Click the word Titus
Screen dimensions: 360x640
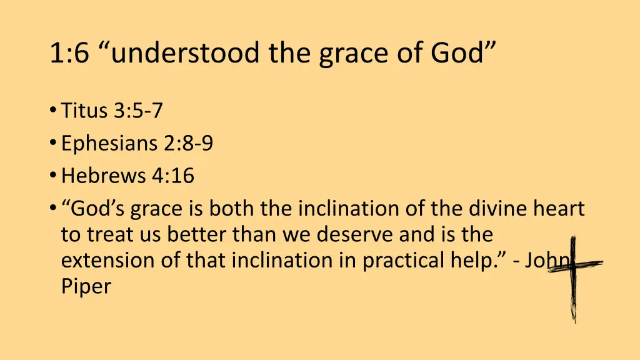point(85,111)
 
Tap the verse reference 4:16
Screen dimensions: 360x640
point(173,176)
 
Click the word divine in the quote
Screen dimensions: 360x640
point(499,209)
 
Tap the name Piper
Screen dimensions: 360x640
point(86,288)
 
